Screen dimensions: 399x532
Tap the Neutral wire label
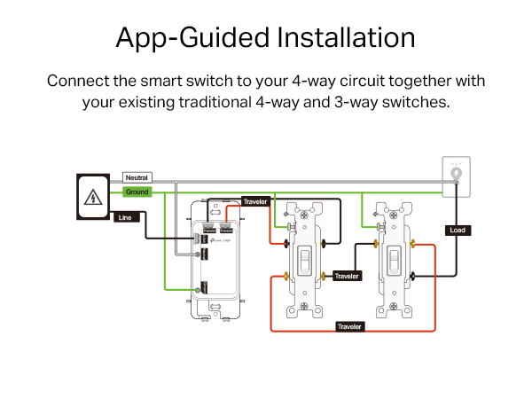137,178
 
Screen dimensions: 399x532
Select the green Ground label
137,192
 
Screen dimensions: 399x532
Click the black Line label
124,216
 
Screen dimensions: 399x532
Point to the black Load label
458,230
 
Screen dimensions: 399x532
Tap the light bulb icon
458,174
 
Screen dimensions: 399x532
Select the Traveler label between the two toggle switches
348,276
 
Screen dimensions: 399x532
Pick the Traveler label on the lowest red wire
349,326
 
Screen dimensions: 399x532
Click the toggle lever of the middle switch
305,259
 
